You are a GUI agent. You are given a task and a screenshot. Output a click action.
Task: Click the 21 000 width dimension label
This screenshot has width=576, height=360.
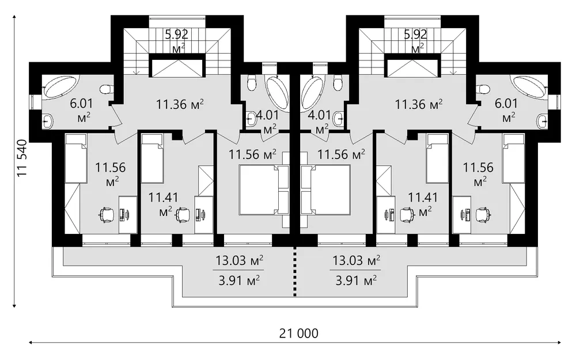click(298, 334)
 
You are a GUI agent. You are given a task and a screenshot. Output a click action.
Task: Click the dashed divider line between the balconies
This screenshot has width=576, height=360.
click(294, 271)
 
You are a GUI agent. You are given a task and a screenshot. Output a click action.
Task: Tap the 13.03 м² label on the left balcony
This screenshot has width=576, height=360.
click(239, 261)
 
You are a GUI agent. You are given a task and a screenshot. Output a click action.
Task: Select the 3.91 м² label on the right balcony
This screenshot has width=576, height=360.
click(356, 281)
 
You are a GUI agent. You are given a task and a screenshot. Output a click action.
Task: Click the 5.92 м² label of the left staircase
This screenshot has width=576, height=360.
click(177, 40)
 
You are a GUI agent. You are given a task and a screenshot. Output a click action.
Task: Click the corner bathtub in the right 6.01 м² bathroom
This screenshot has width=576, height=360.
click(528, 88)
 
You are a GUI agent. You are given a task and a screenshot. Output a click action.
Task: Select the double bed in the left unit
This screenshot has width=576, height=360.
click(259, 190)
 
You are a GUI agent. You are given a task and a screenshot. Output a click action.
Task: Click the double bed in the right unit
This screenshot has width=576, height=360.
click(325, 190)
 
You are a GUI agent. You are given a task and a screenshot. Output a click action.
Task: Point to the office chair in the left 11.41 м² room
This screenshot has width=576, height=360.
click(183, 215)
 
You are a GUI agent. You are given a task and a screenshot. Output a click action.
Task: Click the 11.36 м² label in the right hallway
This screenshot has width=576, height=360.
click(419, 105)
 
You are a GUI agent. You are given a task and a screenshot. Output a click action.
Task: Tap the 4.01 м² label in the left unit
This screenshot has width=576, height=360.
click(268, 122)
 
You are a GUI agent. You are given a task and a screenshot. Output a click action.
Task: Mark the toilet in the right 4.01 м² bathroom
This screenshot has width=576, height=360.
click(337, 83)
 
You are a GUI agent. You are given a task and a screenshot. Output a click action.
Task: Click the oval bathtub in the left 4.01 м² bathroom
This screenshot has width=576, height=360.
click(278, 93)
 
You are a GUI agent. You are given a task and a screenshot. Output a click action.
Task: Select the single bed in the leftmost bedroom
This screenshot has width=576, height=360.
click(76, 158)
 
